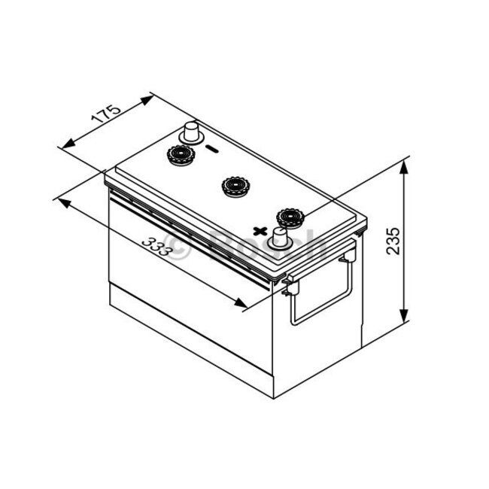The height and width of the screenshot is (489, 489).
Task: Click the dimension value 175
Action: pos(106,117)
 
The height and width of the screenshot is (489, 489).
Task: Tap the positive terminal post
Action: pos(282,238)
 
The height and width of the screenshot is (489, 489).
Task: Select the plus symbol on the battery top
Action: pos(260,230)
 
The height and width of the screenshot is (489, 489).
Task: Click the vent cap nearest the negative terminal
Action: pos(181,156)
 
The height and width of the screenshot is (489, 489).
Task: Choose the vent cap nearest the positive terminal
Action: pos(288,217)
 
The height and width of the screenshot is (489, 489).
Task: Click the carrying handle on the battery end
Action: pos(323,293)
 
